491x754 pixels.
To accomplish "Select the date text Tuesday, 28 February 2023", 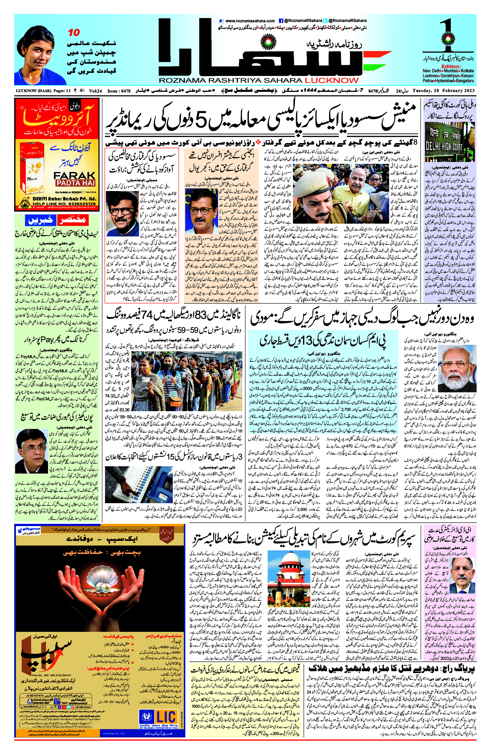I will coord(443,91).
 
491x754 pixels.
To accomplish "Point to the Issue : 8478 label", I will coord(119,91).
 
